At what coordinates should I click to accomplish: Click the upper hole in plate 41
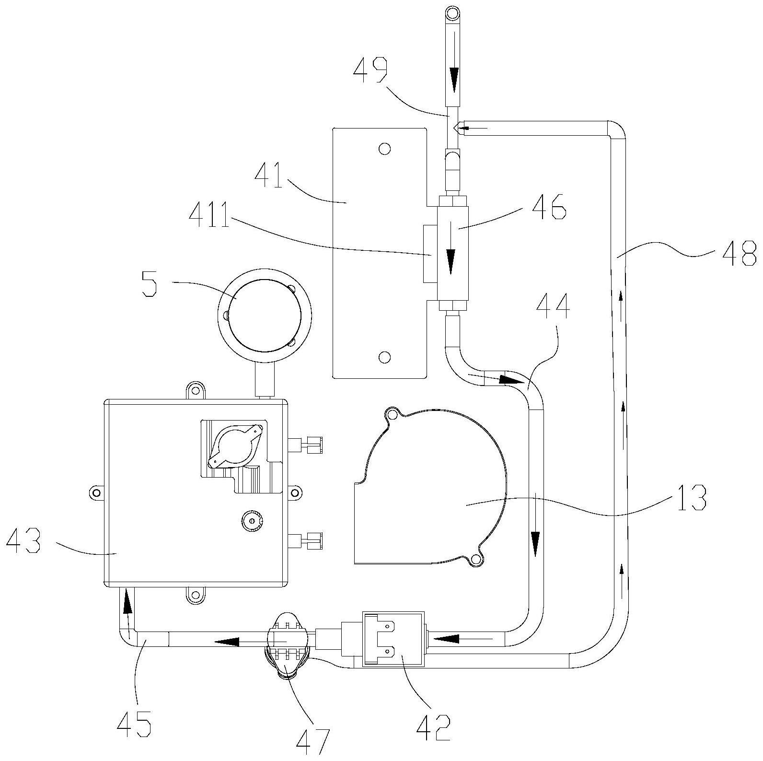(x=384, y=149)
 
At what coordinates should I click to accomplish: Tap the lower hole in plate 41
(x=384, y=357)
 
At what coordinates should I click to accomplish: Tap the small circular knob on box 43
(x=251, y=520)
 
